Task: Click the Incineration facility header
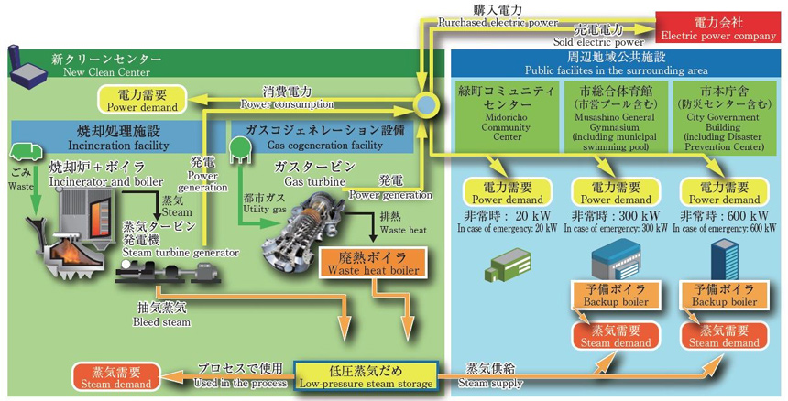point(108,137)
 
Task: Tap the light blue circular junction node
point(425,104)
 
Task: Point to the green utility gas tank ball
point(241,146)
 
